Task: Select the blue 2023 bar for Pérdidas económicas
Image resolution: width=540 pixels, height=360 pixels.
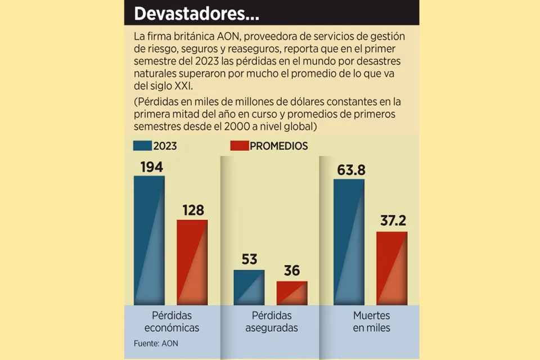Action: point(149,240)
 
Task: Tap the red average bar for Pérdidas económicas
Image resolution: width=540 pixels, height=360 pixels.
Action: point(192,262)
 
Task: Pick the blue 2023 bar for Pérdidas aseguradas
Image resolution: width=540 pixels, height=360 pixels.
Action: point(249,287)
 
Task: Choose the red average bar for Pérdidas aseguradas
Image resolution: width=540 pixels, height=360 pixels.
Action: point(291,292)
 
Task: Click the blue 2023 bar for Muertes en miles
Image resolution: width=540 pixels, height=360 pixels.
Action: point(349,242)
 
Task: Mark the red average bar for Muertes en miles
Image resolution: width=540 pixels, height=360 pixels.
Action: point(391,268)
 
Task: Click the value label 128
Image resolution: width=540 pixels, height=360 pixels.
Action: point(192,209)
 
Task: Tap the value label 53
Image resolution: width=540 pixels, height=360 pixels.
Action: point(249,260)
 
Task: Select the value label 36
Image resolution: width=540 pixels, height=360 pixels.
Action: point(291,271)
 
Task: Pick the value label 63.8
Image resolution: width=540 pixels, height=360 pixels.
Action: point(349,169)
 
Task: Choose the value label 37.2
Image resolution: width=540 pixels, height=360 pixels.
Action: point(391,221)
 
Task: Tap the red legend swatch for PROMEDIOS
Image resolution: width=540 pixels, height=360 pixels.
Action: point(239,146)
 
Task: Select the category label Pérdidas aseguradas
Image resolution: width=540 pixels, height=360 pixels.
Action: point(271,321)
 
